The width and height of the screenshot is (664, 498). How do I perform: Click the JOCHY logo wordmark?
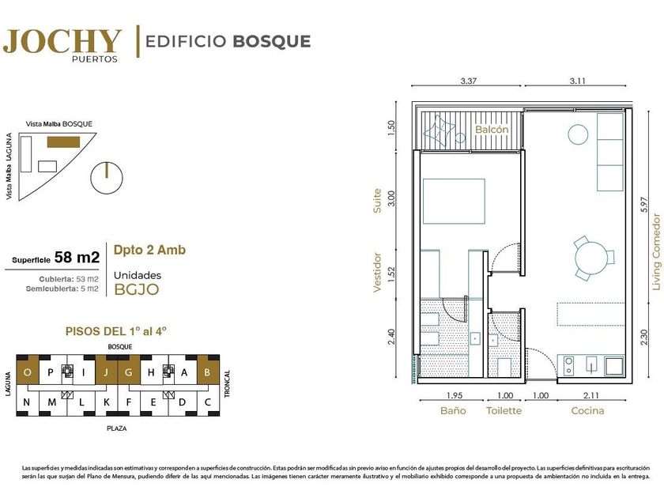[62, 41]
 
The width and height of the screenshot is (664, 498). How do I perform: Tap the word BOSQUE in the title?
[272, 41]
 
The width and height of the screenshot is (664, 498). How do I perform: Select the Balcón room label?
[491, 129]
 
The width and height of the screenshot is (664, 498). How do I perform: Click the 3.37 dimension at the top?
[468, 81]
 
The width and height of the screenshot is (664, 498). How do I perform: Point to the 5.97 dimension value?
[643, 206]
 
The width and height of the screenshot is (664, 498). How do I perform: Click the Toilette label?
[504, 410]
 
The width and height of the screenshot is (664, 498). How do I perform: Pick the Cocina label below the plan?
[587, 410]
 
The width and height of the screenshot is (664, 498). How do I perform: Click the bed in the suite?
[454, 201]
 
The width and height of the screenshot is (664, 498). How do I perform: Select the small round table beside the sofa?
[578, 134]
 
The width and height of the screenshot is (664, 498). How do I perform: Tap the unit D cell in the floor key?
[182, 401]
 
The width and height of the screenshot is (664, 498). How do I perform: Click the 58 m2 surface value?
[77, 257]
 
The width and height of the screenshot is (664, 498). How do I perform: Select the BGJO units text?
[137, 289]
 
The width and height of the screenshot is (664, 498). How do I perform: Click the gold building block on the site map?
[63, 141]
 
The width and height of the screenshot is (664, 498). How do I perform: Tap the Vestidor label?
[377, 272]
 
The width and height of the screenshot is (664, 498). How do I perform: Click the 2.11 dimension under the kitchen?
[590, 395]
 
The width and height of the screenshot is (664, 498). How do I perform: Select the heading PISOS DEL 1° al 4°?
[116, 330]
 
